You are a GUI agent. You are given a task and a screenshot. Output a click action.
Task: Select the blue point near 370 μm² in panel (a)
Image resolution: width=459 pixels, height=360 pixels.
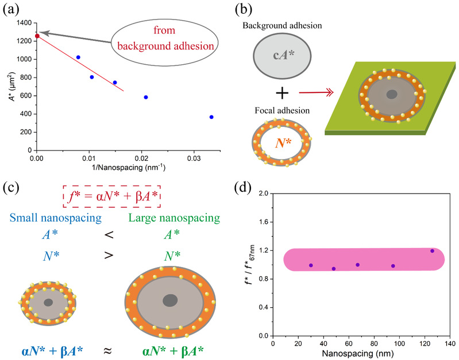tap(211, 117)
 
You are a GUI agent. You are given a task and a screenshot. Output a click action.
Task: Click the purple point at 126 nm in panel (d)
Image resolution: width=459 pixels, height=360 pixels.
tap(433, 251)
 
